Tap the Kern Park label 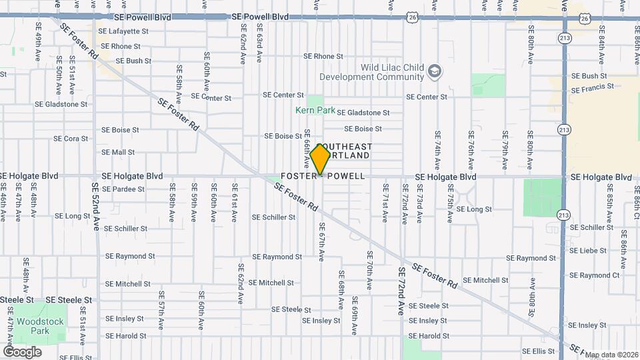pos(307,109)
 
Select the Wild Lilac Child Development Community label pos(392,72)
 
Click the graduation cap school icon pos(435,71)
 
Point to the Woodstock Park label pos(33,326)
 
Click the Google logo pos(22,351)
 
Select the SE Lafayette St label pos(123,31)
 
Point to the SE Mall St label pos(118,153)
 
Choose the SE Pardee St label pos(123,189)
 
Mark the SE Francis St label pos(593,88)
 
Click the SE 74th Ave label pos(437,149)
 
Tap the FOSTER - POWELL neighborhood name pos(323,177)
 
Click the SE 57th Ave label pos(161,309)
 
